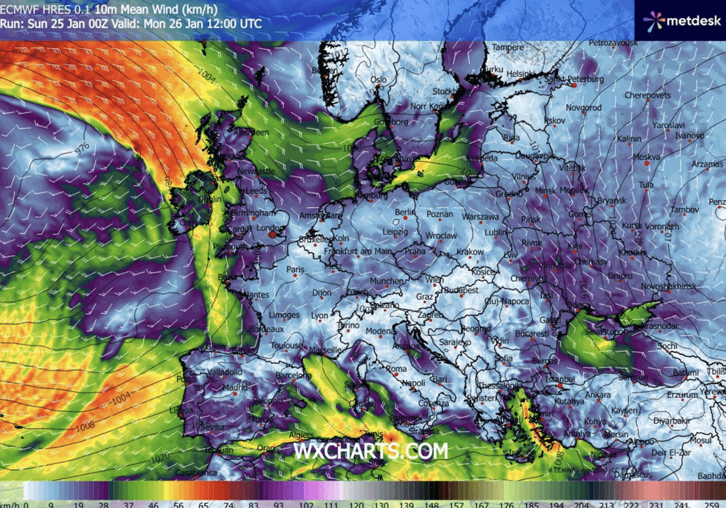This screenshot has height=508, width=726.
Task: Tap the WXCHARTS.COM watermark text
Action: click(370, 450)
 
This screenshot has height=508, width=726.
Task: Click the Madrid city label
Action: click(235, 387)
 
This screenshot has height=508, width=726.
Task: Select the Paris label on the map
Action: click(296, 268)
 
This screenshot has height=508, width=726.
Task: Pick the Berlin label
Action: click(405, 212)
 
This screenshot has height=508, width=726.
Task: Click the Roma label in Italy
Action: click(396, 368)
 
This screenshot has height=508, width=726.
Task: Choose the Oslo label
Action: click(379, 80)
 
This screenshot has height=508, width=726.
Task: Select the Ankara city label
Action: click(599, 394)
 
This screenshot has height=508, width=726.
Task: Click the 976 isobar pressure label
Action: click(82, 148)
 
